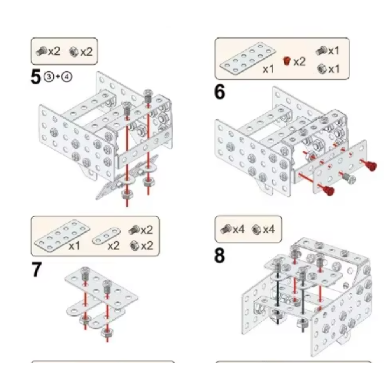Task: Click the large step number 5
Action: pyautogui.click(x=35, y=77)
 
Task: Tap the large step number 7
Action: pyautogui.click(x=36, y=270)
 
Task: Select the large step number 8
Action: pyautogui.click(x=220, y=256)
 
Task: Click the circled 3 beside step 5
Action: pyautogui.click(x=49, y=77)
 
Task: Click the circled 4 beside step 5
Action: pyautogui.click(x=67, y=77)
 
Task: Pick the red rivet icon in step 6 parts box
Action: pyautogui.click(x=287, y=61)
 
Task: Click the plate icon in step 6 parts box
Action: pyautogui.click(x=247, y=59)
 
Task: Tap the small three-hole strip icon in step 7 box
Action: pyautogui.click(x=106, y=235)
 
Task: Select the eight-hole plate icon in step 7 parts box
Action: pyautogui.click(x=62, y=235)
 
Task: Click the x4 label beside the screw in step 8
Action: pyautogui.click(x=238, y=230)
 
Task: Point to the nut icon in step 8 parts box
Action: pyautogui.click(x=256, y=229)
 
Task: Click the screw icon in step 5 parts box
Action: pyautogui.click(x=42, y=51)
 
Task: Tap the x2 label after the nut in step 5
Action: pyautogui.click(x=87, y=52)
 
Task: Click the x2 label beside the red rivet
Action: pyautogui.click(x=300, y=61)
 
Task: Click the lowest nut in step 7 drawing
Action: pyautogui.click(x=107, y=332)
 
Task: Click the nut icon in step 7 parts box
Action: pyautogui.click(x=135, y=245)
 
